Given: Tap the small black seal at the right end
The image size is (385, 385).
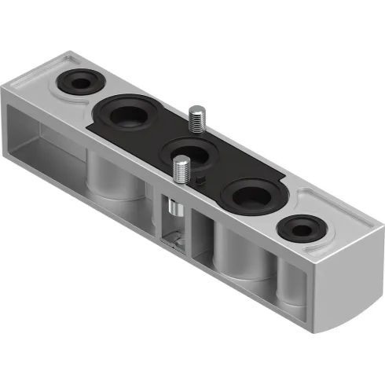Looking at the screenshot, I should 302,229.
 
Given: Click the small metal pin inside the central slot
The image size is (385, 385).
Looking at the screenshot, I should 174,210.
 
